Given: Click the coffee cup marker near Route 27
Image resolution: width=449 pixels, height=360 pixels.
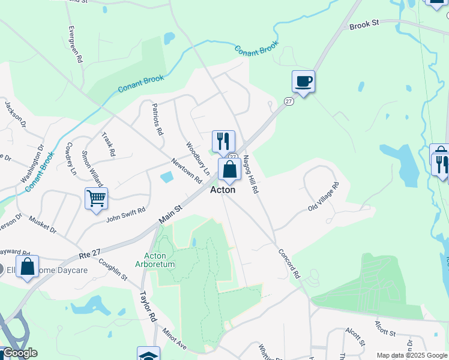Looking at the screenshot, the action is point(303,82).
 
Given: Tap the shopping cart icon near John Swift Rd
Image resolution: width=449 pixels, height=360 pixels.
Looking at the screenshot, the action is point(96,199).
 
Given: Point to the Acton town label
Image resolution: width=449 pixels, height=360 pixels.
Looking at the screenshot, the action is point(222,190).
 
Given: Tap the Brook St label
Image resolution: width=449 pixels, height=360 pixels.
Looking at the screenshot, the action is point(365,25).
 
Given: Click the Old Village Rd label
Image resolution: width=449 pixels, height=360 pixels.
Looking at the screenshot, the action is point(324,197).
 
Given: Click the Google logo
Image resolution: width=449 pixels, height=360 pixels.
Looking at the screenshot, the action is point(19,353).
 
